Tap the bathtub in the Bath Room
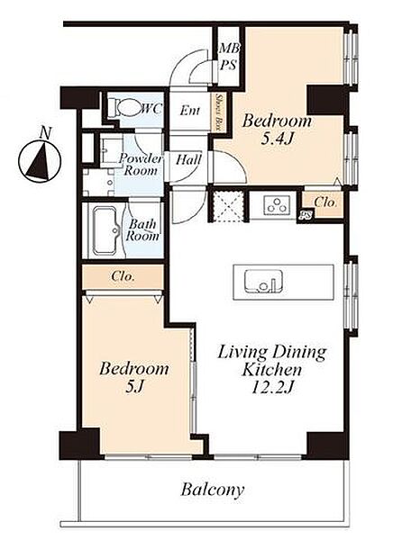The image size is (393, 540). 105,230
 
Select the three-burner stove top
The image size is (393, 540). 275,205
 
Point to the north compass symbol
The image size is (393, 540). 40,161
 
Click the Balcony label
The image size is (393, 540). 213,490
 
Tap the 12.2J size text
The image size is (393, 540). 272,389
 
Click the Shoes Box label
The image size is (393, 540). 218,112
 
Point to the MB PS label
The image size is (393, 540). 229,57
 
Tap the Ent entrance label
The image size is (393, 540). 190,111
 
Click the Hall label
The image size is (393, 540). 188,160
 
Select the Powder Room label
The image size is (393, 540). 141,165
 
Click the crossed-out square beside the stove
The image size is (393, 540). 228,205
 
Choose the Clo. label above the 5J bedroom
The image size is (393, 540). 123,276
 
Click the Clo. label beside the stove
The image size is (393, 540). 325,202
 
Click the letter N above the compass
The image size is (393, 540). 44,132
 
